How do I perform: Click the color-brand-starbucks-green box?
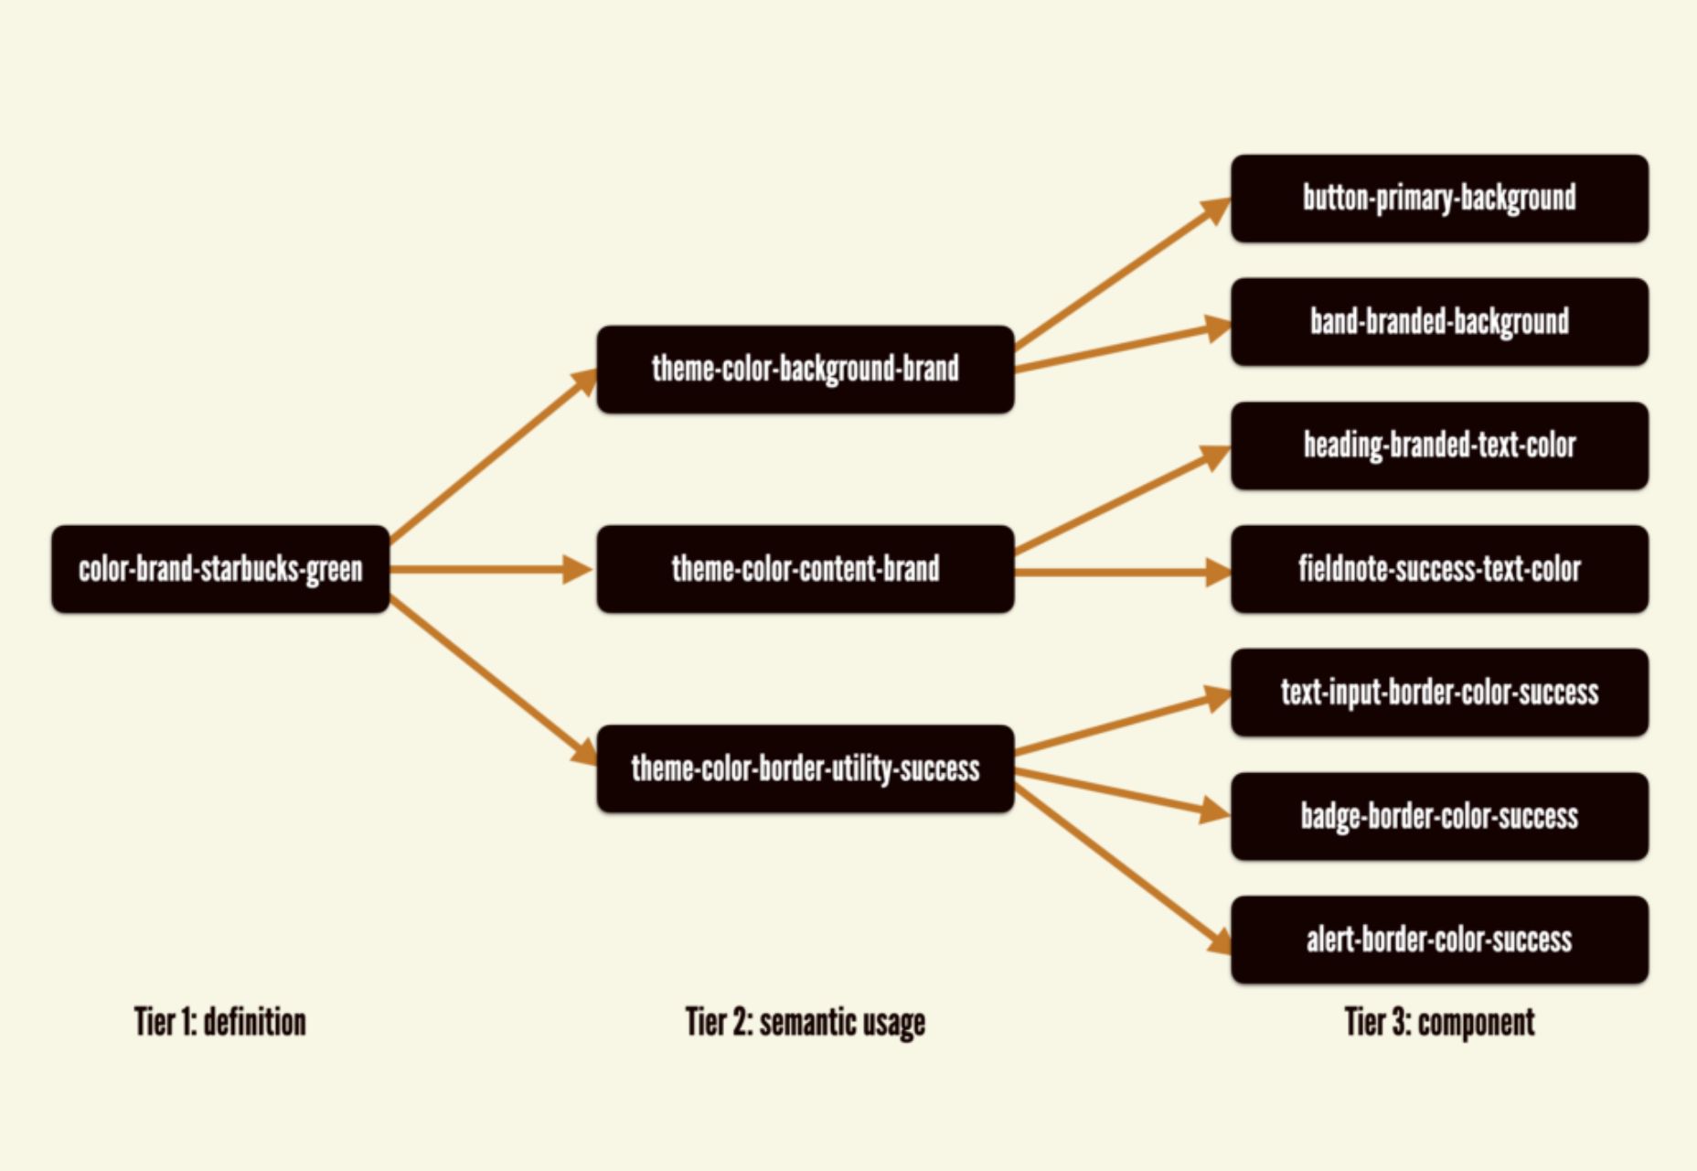220,569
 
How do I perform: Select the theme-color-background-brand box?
806,370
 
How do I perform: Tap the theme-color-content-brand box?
806,569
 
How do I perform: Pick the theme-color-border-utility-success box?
806,768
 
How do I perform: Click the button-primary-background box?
1440,199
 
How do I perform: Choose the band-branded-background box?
1440,322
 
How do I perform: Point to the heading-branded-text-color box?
1440,446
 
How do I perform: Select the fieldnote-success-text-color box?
1440,569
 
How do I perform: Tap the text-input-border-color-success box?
1440,693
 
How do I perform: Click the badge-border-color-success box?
1440,816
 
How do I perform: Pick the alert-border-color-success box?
1440,940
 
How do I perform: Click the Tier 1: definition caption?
220,1022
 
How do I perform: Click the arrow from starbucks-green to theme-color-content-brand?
492,569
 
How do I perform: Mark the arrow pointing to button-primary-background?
1124,273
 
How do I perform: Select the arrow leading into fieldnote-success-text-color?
1124,573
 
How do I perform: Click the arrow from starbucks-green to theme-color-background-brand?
494,456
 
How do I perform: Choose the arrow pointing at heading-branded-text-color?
1124,500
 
